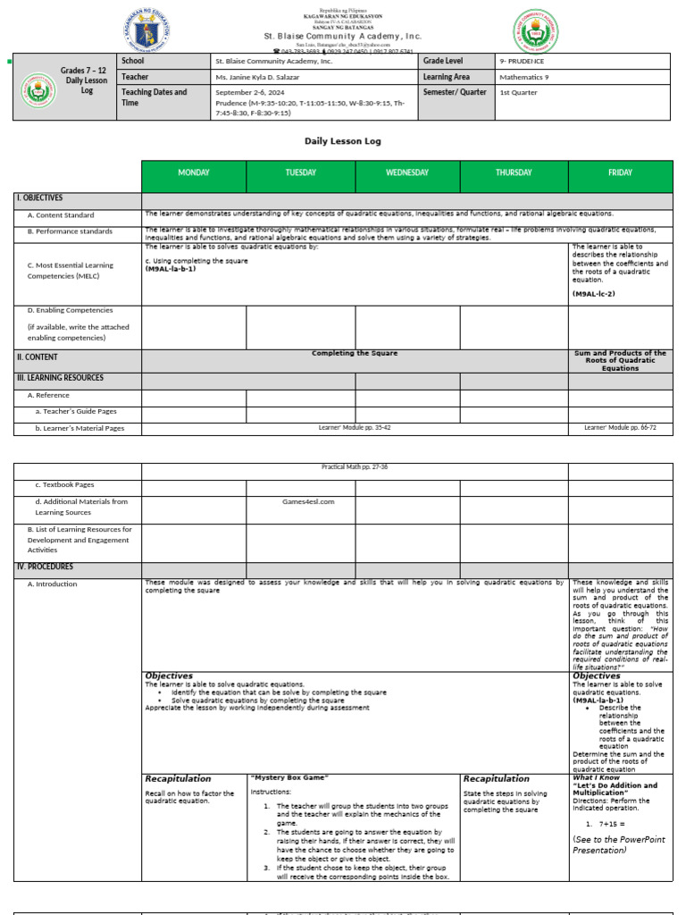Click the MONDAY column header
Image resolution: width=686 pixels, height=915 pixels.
(194, 173)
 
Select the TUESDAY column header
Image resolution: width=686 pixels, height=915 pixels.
(300, 173)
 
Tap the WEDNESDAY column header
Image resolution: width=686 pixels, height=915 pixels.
(407, 173)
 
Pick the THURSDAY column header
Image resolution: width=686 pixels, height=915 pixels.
(514, 173)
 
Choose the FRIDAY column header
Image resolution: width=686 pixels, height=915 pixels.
(620, 173)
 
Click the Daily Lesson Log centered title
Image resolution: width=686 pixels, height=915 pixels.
(343, 141)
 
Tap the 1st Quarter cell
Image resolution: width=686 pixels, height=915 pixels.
(518, 92)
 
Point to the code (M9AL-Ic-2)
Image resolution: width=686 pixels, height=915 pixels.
(598, 293)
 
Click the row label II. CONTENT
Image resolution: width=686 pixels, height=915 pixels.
(37, 357)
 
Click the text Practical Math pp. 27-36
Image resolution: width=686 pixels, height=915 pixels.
(355, 466)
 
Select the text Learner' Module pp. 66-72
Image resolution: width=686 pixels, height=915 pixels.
(620, 428)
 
